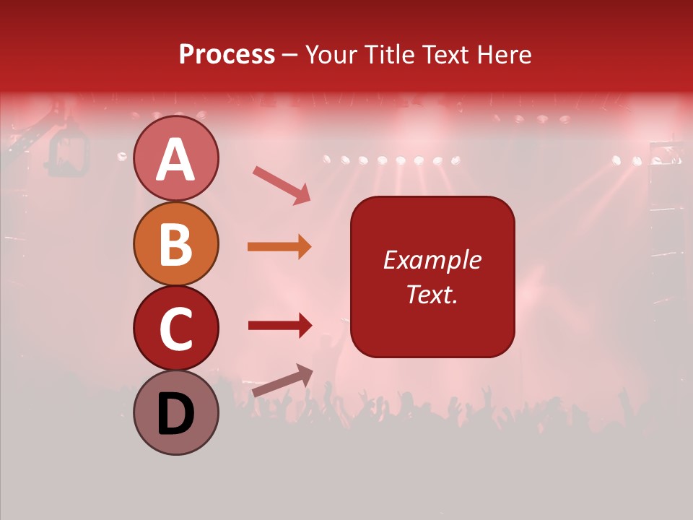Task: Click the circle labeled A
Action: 175,158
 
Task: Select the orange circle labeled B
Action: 175,243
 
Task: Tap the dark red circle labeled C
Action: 175,328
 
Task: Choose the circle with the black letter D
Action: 175,412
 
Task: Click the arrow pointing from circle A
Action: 282,185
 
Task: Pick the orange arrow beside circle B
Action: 279,247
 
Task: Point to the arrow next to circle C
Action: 280,326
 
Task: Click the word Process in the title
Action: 227,55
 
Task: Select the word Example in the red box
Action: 432,260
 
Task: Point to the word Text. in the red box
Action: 432,294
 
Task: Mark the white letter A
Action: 175,159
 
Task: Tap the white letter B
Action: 175,244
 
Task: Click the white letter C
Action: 175,329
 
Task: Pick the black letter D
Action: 175,414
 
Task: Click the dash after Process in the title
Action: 290,56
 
